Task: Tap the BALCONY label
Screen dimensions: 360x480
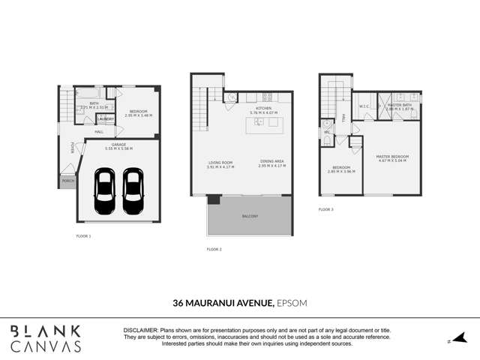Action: (250, 217)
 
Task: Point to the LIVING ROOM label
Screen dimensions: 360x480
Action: (220, 163)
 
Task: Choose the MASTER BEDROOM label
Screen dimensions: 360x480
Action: (390, 156)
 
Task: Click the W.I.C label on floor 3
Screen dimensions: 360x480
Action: (363, 106)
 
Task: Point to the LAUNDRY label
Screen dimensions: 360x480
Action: (105, 118)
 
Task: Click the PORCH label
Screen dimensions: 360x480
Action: (67, 181)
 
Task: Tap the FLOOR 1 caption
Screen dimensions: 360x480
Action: (83, 235)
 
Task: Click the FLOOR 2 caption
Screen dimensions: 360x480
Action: (214, 249)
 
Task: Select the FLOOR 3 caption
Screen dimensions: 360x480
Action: (325, 209)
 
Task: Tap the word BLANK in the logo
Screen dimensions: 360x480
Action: (46, 331)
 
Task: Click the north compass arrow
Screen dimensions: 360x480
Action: (461, 338)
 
